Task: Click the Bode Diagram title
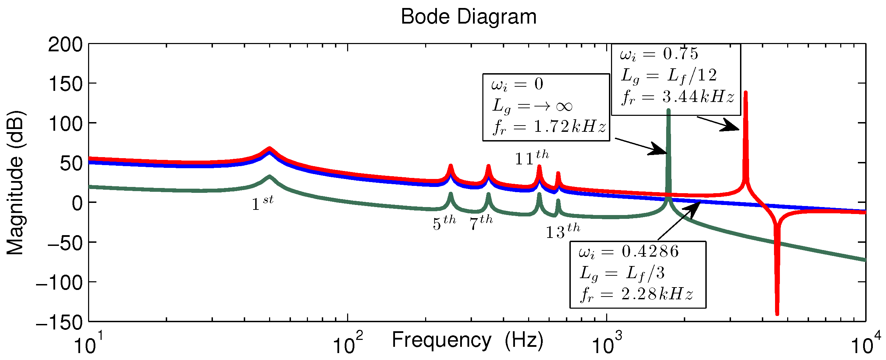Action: (x=468, y=17)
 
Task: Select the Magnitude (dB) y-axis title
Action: (x=15, y=183)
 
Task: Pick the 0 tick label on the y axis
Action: (x=77, y=203)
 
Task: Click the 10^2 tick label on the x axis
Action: (x=347, y=344)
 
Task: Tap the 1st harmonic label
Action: (x=263, y=204)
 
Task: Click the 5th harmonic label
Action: (x=444, y=223)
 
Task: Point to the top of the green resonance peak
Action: (x=668, y=110)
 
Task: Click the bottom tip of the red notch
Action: (x=777, y=314)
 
